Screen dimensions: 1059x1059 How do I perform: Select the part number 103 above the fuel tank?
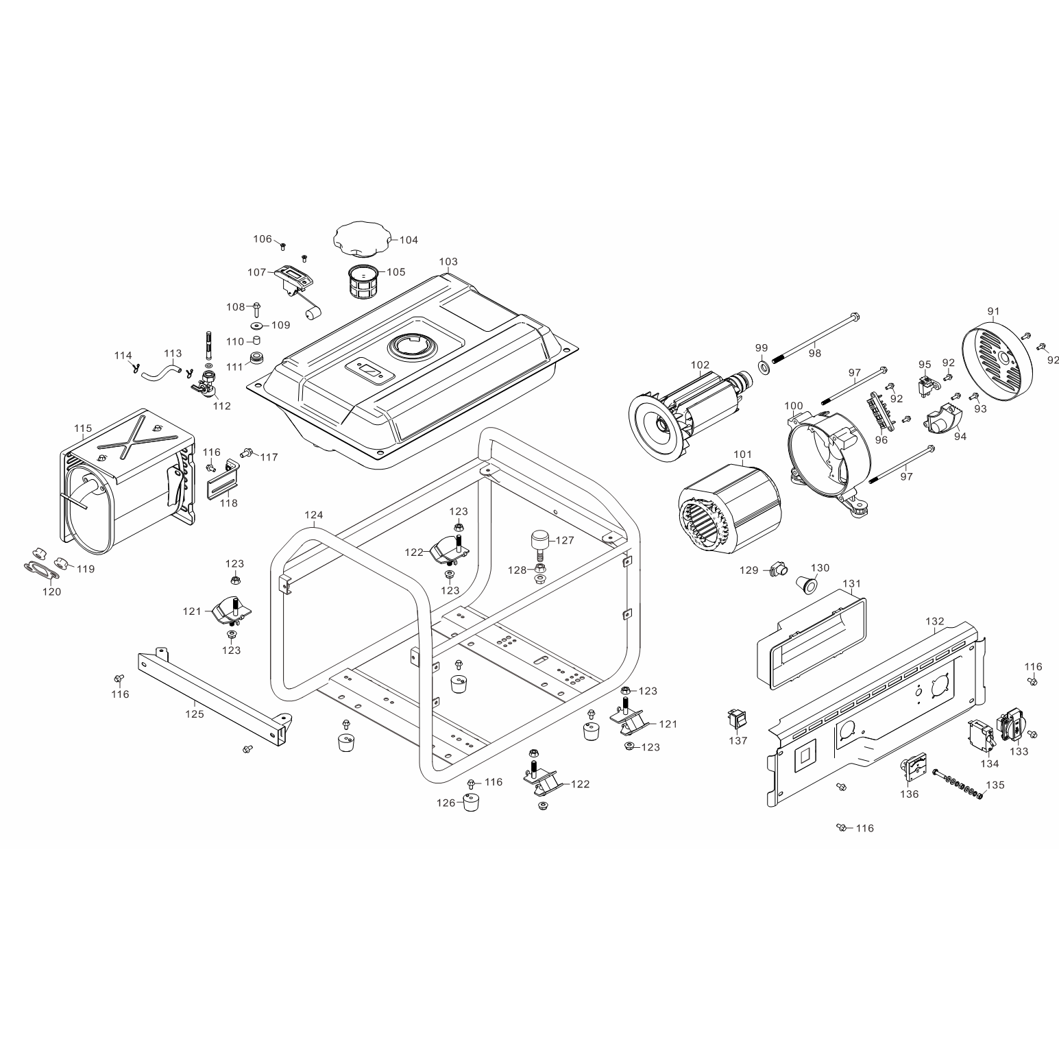448,262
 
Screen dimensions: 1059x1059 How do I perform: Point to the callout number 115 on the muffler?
83,428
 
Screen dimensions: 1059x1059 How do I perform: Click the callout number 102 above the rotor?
700,365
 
